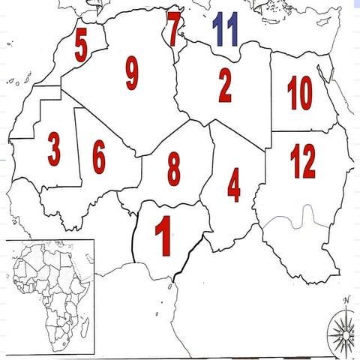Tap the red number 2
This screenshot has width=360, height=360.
225,85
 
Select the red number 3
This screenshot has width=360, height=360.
53,149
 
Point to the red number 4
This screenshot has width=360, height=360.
234,184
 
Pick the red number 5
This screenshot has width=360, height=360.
80,47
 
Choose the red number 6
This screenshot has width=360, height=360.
98,155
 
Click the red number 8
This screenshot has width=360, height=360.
173,169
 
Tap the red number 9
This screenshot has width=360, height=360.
132,73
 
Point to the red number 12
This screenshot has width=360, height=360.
303,160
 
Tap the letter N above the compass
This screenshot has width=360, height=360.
346,301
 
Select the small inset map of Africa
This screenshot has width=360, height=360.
49,296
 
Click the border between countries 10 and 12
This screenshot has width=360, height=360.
304,132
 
